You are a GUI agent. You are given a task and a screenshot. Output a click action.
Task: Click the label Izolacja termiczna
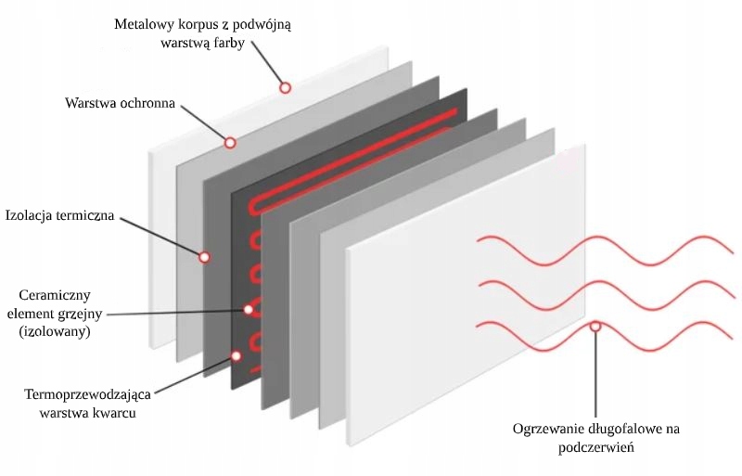[59, 216]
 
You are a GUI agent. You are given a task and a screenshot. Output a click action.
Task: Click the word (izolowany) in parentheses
[54, 330]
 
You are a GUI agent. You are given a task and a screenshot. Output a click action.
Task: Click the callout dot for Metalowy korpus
[286, 87]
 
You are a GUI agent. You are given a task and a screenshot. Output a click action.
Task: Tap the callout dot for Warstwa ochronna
[230, 143]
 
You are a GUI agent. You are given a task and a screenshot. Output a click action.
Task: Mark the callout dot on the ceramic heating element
[248, 310]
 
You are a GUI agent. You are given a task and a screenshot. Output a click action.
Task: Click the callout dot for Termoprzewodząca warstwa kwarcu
[237, 355]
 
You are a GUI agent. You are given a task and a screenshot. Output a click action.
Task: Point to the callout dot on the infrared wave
[595, 327]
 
